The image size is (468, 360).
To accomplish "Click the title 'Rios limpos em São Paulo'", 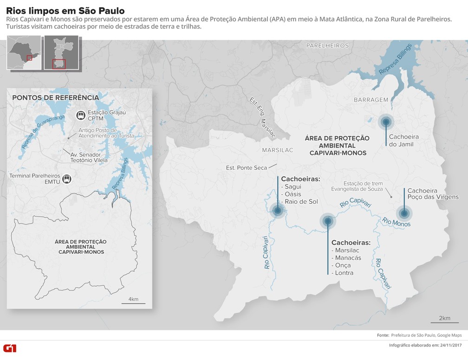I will pos(65,10).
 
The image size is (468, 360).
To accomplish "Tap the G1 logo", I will pos(10,347).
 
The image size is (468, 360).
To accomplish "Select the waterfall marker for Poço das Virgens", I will pos(404,213).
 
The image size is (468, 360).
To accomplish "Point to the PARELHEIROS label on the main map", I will pos(327,45).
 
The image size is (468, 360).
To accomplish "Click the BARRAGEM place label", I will pos(370,100).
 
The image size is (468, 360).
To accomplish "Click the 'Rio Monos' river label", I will pos(396,222).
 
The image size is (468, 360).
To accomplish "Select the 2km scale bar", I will pos(444,321).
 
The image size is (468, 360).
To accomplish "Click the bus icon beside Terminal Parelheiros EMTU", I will pos(67,179).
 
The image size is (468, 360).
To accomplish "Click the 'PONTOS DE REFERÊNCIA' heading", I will pos(55,98).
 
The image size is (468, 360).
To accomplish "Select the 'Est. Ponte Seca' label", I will pos(247,168).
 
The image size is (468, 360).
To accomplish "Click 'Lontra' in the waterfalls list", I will pos(344,273).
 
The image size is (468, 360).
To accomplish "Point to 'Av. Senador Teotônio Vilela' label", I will pos(88,157).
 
